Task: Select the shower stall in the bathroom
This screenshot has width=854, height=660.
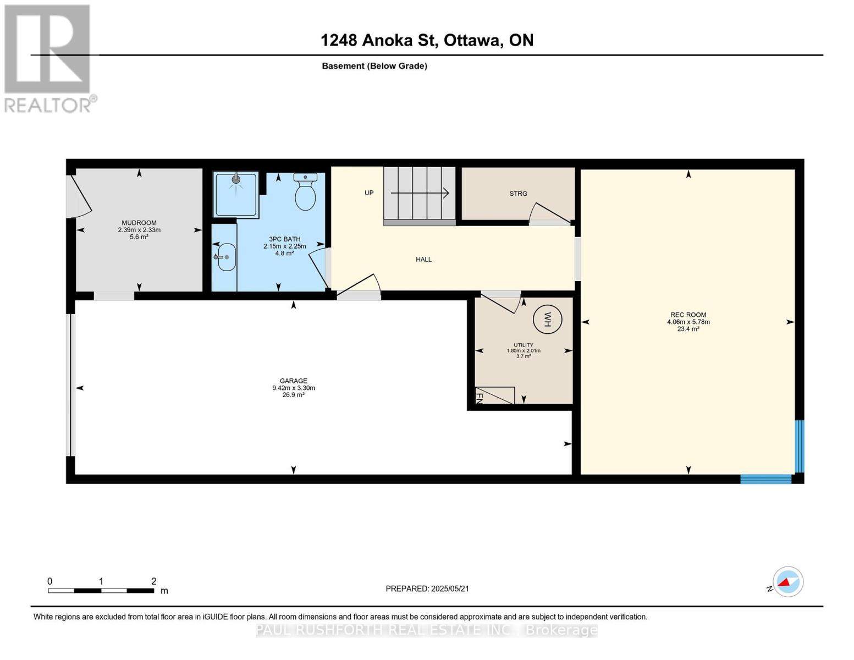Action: pyautogui.click(x=235, y=194)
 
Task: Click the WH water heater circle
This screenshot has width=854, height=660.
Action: pyautogui.click(x=547, y=319)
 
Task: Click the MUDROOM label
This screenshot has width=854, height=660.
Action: pyautogui.click(x=139, y=223)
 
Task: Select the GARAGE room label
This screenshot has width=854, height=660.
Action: pyautogui.click(x=293, y=381)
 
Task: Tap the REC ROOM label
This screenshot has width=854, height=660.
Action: pyautogui.click(x=688, y=315)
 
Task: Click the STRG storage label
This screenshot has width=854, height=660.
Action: pyautogui.click(x=518, y=194)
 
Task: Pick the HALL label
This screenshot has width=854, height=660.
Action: pyautogui.click(x=423, y=259)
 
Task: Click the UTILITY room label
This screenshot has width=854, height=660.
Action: pyautogui.click(x=523, y=345)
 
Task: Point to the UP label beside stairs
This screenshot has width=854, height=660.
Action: pyautogui.click(x=369, y=193)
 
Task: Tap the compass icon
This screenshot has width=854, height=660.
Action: pyautogui.click(x=787, y=581)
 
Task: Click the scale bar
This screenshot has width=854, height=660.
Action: pyautogui.click(x=101, y=591)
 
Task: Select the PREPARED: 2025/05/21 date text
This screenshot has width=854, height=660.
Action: pyautogui.click(x=427, y=588)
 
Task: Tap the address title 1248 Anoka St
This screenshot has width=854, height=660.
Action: pyautogui.click(x=427, y=40)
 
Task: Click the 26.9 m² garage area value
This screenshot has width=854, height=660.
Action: pyautogui.click(x=293, y=395)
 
